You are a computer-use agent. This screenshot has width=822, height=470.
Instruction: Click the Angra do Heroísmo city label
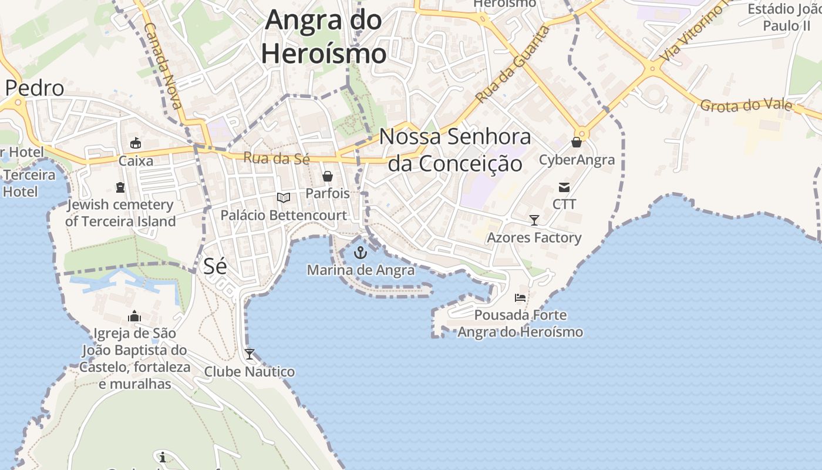pyautogui.click(x=324, y=37)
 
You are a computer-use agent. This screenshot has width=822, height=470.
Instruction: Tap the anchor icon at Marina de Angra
pyautogui.click(x=361, y=253)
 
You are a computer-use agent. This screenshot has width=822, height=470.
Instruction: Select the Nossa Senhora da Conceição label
pyautogui.click(x=455, y=150)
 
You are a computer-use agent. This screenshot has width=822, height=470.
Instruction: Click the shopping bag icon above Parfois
pyautogui.click(x=328, y=176)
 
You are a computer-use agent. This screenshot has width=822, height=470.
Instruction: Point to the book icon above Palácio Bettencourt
pyautogui.click(x=284, y=198)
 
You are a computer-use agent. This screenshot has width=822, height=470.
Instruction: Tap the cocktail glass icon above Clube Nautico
pyautogui.click(x=250, y=354)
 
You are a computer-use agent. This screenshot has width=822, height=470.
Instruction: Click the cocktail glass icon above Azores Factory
pyautogui.click(x=534, y=220)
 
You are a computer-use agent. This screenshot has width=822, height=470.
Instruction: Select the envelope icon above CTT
pyautogui.click(x=564, y=187)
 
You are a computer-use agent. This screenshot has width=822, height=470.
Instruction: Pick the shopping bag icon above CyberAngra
pyautogui.click(x=577, y=142)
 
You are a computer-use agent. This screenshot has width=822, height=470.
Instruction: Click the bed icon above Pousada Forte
pyautogui.click(x=520, y=298)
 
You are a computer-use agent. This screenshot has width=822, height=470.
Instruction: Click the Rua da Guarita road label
pyautogui.click(x=513, y=64)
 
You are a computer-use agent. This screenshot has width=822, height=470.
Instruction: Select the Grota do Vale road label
pyautogui.click(x=746, y=106)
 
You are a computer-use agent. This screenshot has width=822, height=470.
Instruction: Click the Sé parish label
pyautogui.click(x=215, y=266)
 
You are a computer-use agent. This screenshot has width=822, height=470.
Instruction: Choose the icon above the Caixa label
pyautogui.click(x=136, y=143)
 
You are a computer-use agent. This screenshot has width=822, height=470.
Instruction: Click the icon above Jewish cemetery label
pyautogui.click(x=120, y=187)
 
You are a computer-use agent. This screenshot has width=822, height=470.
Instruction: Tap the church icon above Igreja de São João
pyautogui.click(x=134, y=316)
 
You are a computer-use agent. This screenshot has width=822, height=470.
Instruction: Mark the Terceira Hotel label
pyautogui.click(x=29, y=183)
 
